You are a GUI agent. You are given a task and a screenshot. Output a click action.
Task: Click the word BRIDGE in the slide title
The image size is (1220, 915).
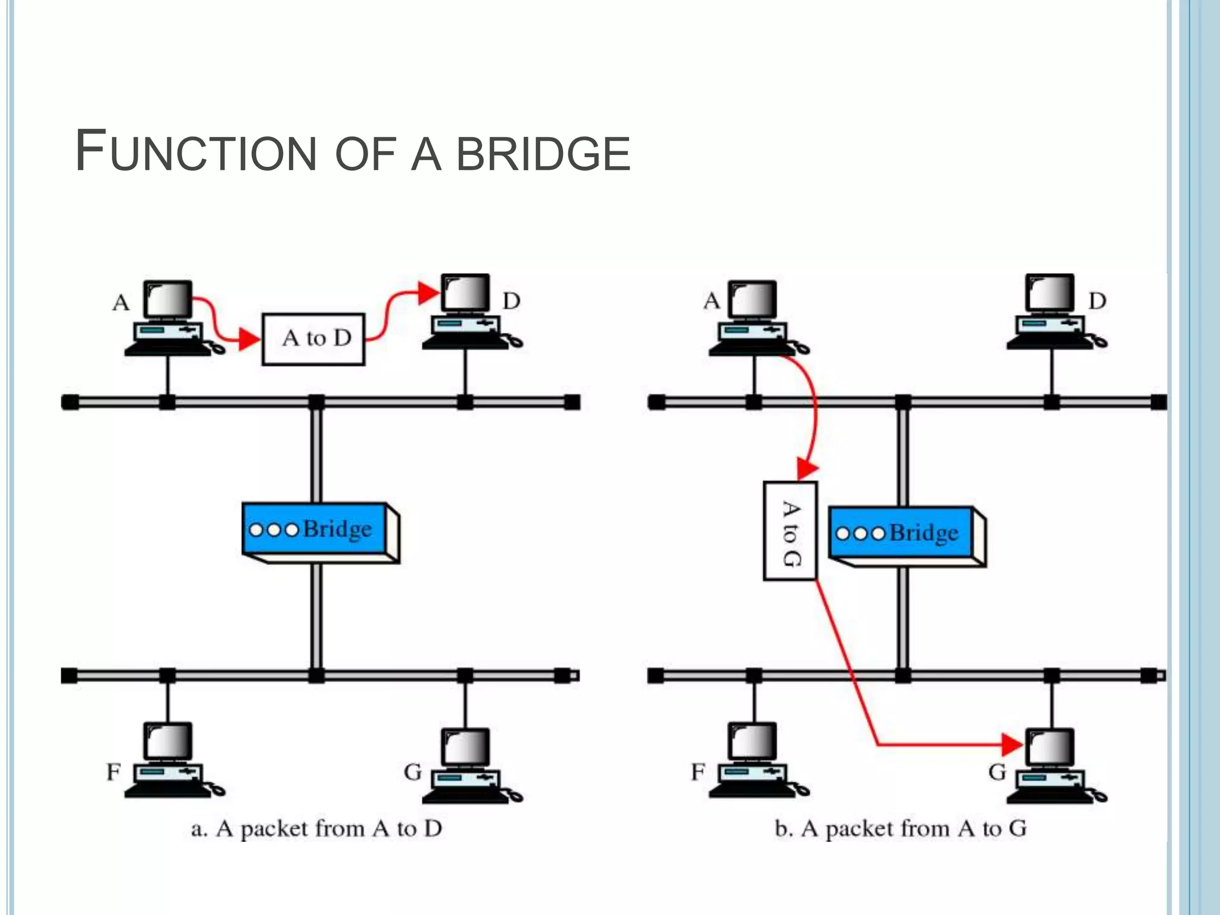(543, 154)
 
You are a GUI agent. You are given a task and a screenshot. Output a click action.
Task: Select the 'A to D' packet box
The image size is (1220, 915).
(313, 339)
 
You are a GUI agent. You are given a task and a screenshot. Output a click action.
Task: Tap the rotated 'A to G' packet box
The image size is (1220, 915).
(790, 531)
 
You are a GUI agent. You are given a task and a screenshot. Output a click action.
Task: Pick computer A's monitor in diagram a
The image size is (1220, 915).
(169, 299)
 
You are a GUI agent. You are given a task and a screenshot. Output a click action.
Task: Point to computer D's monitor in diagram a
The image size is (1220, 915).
(466, 293)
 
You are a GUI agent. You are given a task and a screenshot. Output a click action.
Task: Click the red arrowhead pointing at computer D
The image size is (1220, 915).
(428, 292)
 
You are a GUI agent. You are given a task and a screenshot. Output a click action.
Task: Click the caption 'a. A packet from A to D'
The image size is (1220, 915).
(316, 829)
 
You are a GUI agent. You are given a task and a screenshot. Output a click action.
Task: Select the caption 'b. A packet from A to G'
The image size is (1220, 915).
(900, 829)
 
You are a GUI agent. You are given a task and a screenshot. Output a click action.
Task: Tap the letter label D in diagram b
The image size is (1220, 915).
(1097, 301)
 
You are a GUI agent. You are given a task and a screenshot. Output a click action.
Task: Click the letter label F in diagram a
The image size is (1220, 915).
(113, 773)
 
